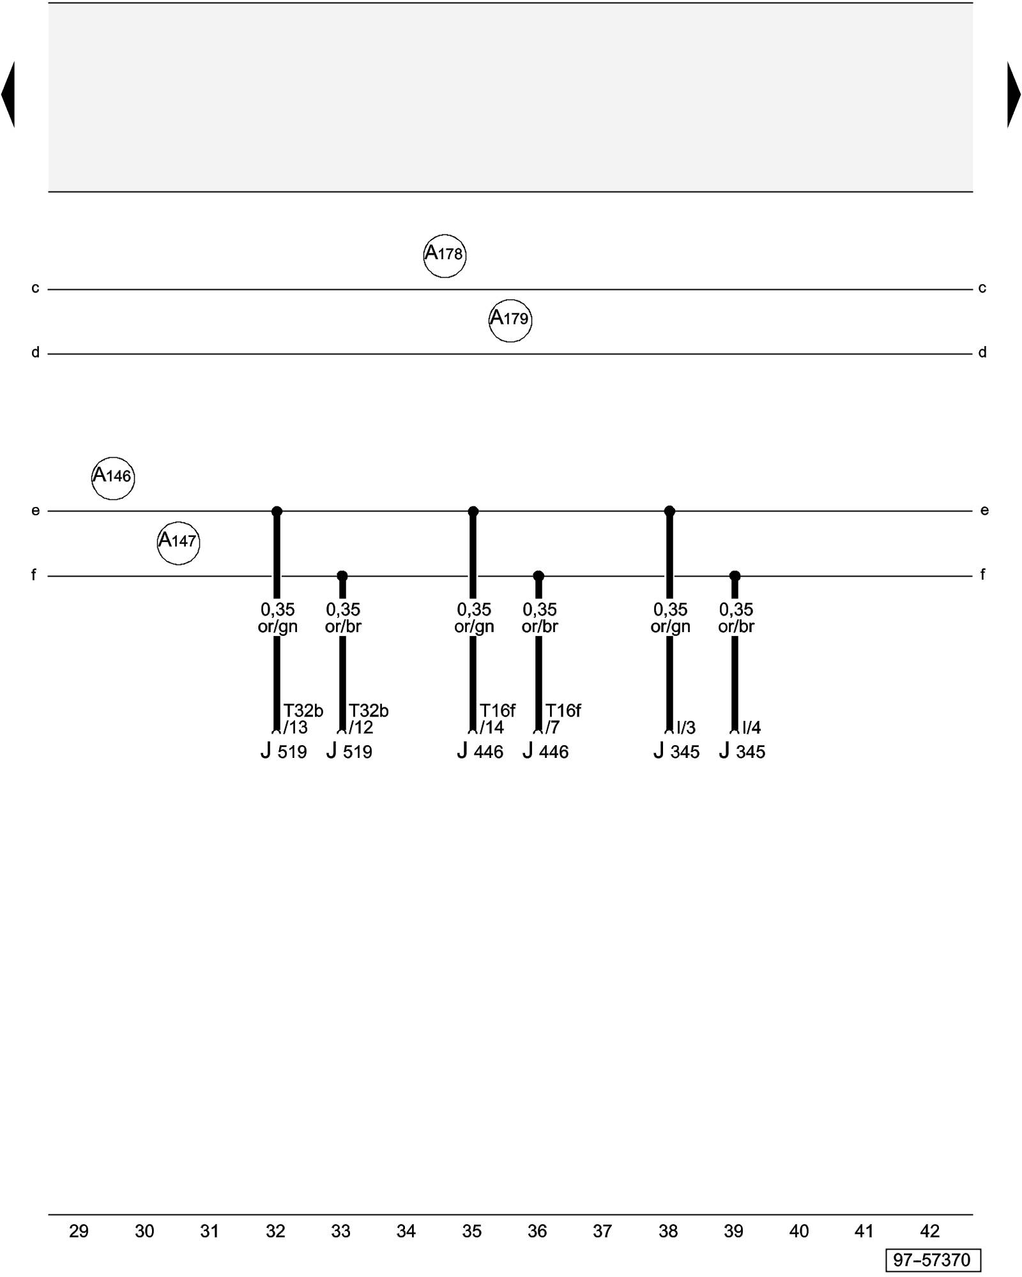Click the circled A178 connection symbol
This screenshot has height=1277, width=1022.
tap(445, 255)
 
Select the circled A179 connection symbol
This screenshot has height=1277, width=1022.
tap(510, 320)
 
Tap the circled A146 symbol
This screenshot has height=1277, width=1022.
tap(113, 478)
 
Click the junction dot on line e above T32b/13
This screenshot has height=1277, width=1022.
tap(277, 511)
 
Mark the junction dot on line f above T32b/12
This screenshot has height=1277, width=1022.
tap(342, 576)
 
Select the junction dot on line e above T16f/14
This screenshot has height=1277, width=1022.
tap(473, 511)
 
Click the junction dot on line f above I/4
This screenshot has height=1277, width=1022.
tap(735, 576)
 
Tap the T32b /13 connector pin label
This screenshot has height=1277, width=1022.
tap(303, 719)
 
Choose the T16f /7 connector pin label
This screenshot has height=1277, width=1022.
tap(563, 719)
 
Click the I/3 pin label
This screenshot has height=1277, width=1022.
tap(686, 727)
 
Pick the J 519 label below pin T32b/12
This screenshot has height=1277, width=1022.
tap(349, 752)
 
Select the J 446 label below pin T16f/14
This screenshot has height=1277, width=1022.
tap(480, 752)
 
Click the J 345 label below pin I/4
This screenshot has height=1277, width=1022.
tap(742, 752)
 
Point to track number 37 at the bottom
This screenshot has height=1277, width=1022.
tap(602, 1231)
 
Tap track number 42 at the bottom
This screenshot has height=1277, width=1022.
tap(929, 1231)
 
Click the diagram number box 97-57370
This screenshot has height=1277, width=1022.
tap(933, 1260)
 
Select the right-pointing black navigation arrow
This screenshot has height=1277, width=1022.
tap(1014, 94)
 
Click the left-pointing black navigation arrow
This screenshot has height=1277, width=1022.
tap(8, 94)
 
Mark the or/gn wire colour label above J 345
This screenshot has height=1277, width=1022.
tap(670, 626)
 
